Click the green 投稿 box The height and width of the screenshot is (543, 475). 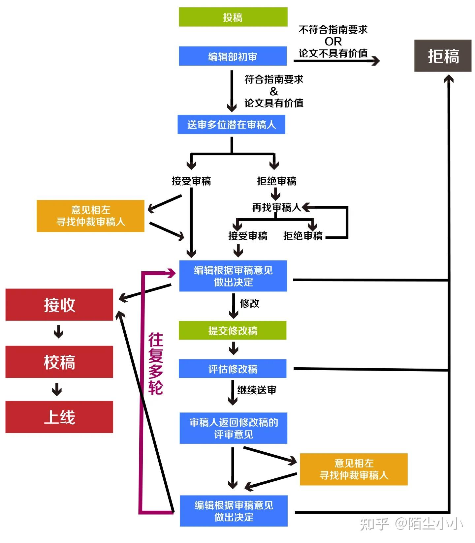(x=233, y=17)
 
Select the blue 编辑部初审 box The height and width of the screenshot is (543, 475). (x=233, y=56)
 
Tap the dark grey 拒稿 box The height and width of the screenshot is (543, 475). (x=443, y=56)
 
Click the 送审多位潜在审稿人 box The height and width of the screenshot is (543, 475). (x=231, y=125)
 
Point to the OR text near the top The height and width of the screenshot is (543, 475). (x=333, y=42)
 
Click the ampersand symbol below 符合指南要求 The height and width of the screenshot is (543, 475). (x=274, y=91)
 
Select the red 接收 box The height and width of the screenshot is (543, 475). (x=59, y=305)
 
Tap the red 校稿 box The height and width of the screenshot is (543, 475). (x=59, y=362)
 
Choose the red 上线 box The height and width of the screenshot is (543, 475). (x=59, y=417)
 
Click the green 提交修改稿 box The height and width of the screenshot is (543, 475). (x=233, y=331)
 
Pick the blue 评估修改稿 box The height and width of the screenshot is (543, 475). (x=233, y=369)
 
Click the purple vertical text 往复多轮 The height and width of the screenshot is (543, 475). (x=155, y=364)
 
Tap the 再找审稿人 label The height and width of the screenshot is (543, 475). (x=276, y=207)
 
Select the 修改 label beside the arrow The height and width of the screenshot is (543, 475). (x=250, y=303)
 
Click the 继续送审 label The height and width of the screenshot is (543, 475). (x=257, y=390)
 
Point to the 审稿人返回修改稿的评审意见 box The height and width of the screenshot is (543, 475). (x=233, y=428)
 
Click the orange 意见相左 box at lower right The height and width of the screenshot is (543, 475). (x=354, y=469)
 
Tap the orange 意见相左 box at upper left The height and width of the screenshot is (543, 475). (x=90, y=216)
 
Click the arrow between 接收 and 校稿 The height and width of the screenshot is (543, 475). (x=58, y=332)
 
